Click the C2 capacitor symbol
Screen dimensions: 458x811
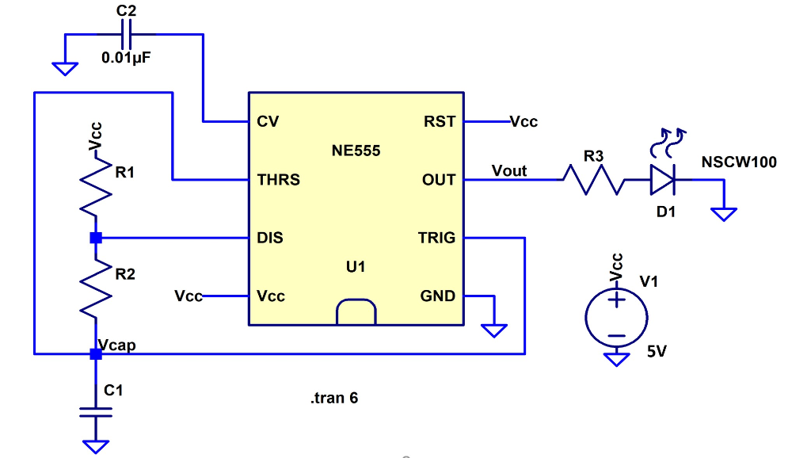[126, 35]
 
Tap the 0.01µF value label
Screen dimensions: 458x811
[126, 58]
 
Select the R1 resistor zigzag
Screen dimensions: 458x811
[95, 189]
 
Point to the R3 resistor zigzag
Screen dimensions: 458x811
[593, 179]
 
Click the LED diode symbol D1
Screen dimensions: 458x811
[662, 179]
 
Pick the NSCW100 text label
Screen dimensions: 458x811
[739, 162]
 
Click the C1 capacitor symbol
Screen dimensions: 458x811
[95, 411]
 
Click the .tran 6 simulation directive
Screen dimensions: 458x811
[334, 398]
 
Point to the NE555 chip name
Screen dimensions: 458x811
[356, 151]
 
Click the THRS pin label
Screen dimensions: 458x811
[278, 180]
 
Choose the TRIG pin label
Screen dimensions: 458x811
[436, 238]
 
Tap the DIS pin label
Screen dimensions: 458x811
[270, 238]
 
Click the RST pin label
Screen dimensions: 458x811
[440, 121]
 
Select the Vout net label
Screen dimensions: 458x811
[508, 170]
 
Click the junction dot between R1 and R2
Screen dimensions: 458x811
[95, 238]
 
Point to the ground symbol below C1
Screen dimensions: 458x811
[95, 446]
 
